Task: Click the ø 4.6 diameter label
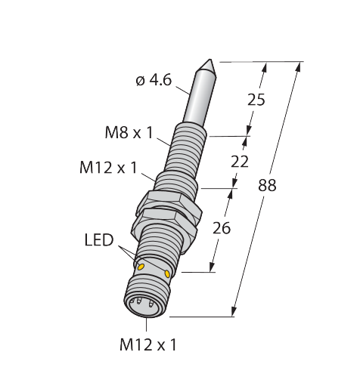coord(154,81)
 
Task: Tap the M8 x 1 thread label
coord(129,132)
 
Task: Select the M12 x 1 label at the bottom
coord(148,344)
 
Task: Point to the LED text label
coord(99,240)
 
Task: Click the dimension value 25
coord(256,100)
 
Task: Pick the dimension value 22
coord(240,162)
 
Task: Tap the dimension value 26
coord(222,228)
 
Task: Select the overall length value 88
coord(267,185)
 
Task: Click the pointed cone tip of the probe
coord(209,60)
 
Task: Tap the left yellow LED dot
coord(141,267)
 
